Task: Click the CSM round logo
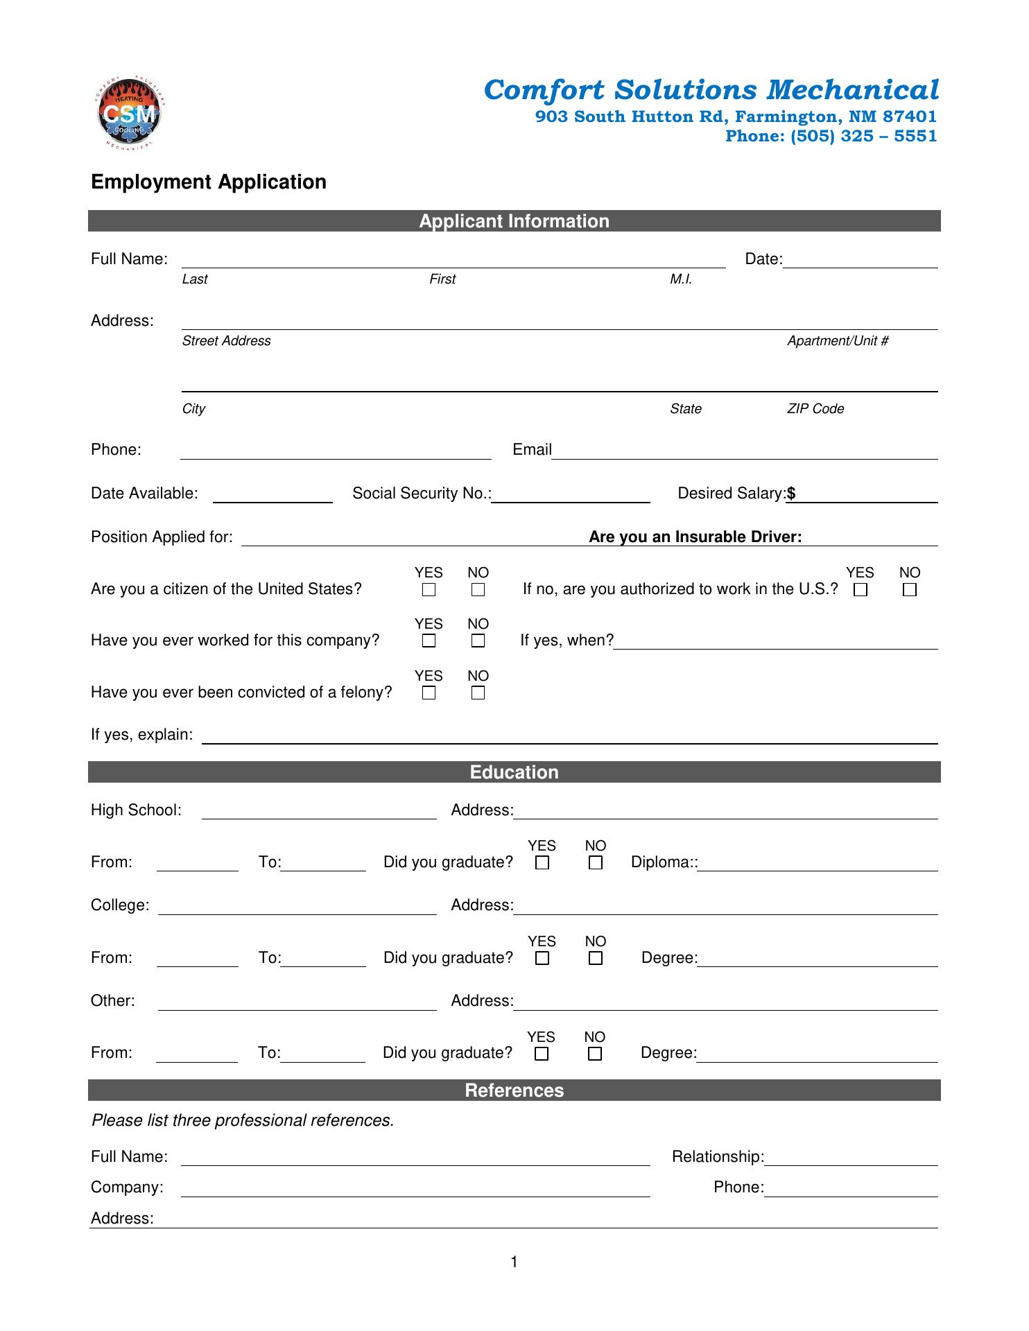pyautogui.click(x=129, y=114)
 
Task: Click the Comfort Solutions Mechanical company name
pyautogui.click(x=711, y=90)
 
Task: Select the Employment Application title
pyautogui.click(x=209, y=182)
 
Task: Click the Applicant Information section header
pyautogui.click(x=514, y=221)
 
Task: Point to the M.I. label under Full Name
pyautogui.click(x=681, y=279)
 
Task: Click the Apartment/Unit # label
pyautogui.click(x=838, y=341)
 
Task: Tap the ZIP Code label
pyautogui.click(x=815, y=409)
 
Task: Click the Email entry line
pyautogui.click(x=744, y=452)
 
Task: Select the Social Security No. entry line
pyautogui.click(x=571, y=496)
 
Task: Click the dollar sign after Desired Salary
pyautogui.click(x=791, y=494)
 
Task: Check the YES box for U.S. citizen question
pyautogui.click(x=429, y=590)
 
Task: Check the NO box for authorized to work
pyautogui.click(x=910, y=590)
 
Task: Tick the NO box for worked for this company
pyautogui.click(x=478, y=641)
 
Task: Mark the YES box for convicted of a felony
pyautogui.click(x=429, y=693)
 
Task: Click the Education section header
pyautogui.click(x=514, y=772)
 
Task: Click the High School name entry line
pyautogui.click(x=319, y=812)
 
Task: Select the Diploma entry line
pyautogui.click(x=818, y=864)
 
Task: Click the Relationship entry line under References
pyautogui.click(x=851, y=1158)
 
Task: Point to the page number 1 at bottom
pyautogui.click(x=514, y=1262)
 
